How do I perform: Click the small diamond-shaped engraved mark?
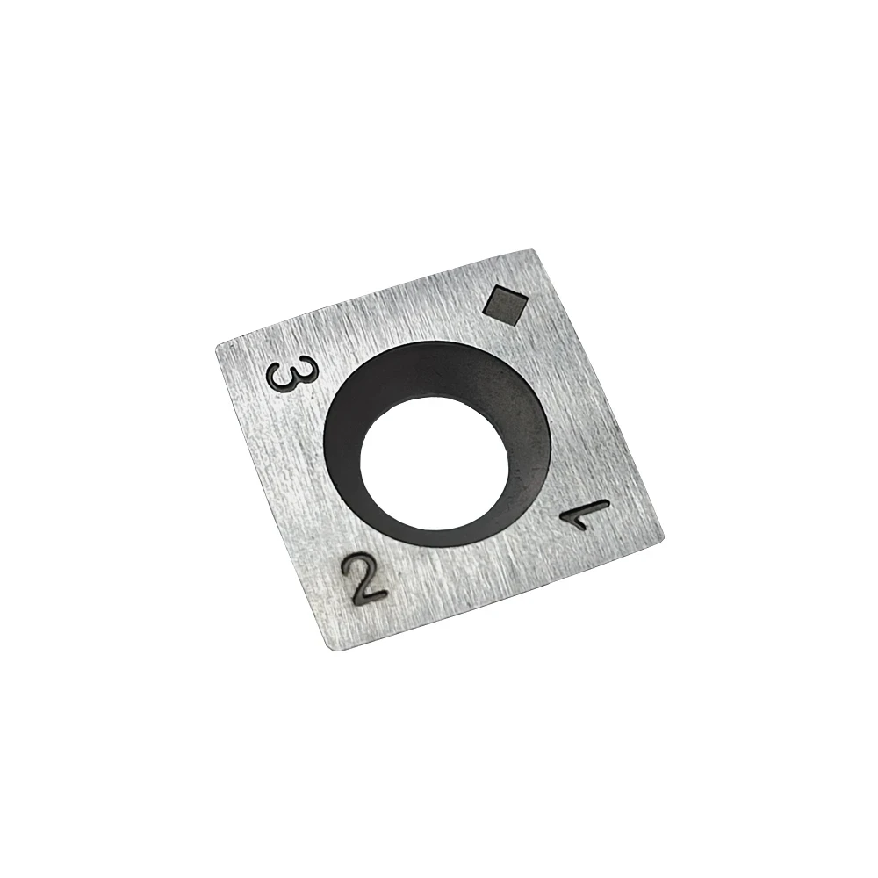[x=506, y=305]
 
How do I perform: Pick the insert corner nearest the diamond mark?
[x=534, y=251]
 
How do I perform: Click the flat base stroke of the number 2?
[x=370, y=596]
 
